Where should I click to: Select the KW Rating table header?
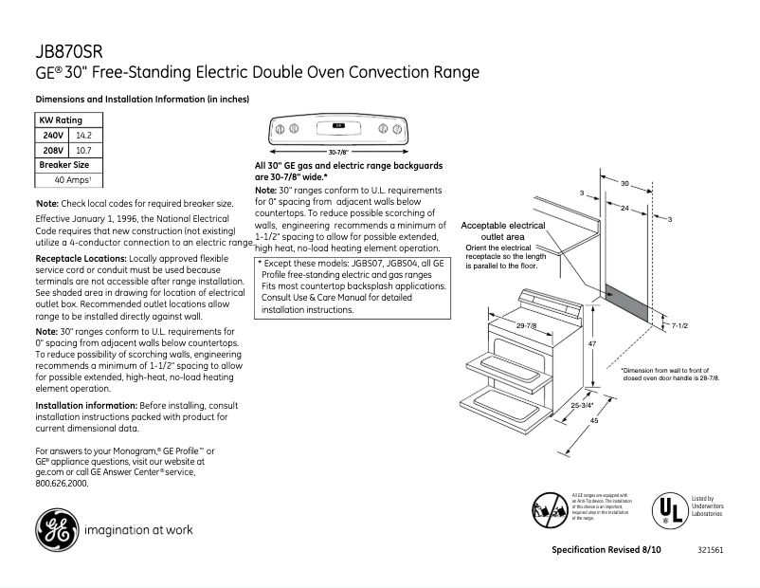(x=60, y=120)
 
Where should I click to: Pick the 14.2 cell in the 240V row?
(x=83, y=136)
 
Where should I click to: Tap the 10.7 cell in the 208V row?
(x=83, y=150)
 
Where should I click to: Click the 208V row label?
(x=53, y=150)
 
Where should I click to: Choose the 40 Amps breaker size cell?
(x=71, y=179)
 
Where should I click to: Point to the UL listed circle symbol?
(x=667, y=509)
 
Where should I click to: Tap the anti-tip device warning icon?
(x=550, y=510)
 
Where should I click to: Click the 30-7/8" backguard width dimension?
(x=338, y=152)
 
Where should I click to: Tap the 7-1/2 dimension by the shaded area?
(x=679, y=325)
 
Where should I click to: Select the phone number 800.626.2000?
(x=62, y=483)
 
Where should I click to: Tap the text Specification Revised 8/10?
(x=607, y=550)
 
